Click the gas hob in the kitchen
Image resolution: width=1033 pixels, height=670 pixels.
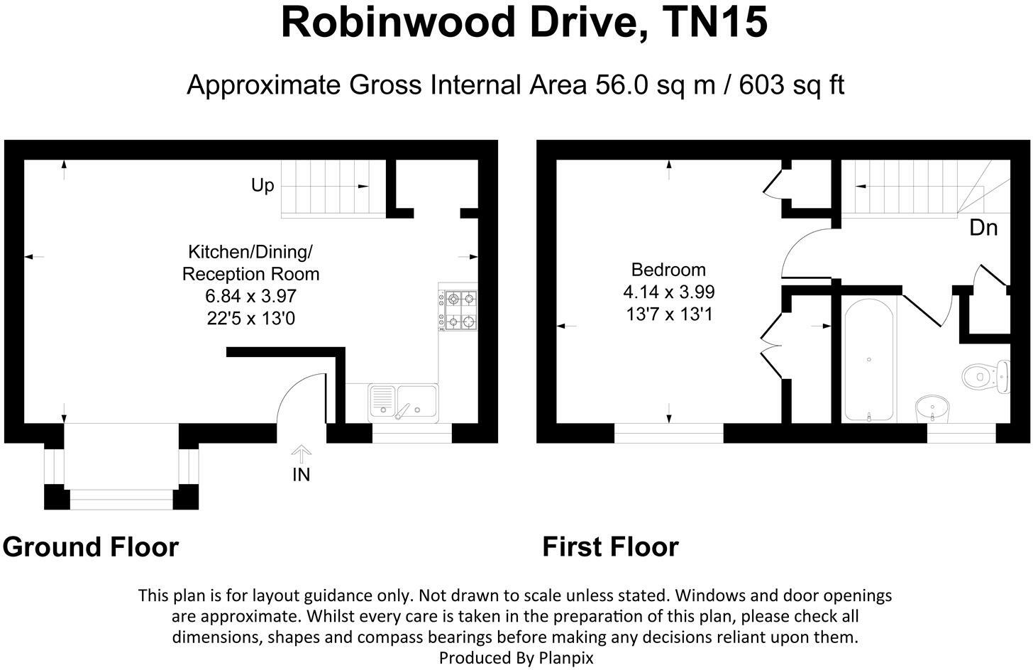(x=458, y=310)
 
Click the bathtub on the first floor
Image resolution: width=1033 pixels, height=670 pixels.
(x=869, y=360)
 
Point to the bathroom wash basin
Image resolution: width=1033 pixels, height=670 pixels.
(x=929, y=409)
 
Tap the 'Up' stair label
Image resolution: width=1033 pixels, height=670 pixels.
(x=263, y=186)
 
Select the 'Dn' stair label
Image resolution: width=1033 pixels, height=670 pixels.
(x=984, y=228)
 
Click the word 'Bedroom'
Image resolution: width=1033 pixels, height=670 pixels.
(x=668, y=270)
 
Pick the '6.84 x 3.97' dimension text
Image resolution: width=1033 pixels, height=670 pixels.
(x=251, y=296)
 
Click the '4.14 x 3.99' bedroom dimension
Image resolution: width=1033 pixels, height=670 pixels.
(x=669, y=292)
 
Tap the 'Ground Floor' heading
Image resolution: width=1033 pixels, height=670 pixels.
(x=91, y=547)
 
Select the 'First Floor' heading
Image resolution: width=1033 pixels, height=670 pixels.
(x=611, y=547)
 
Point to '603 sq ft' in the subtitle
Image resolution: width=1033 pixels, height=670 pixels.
(x=792, y=86)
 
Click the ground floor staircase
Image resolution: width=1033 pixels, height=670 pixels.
(x=333, y=188)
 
